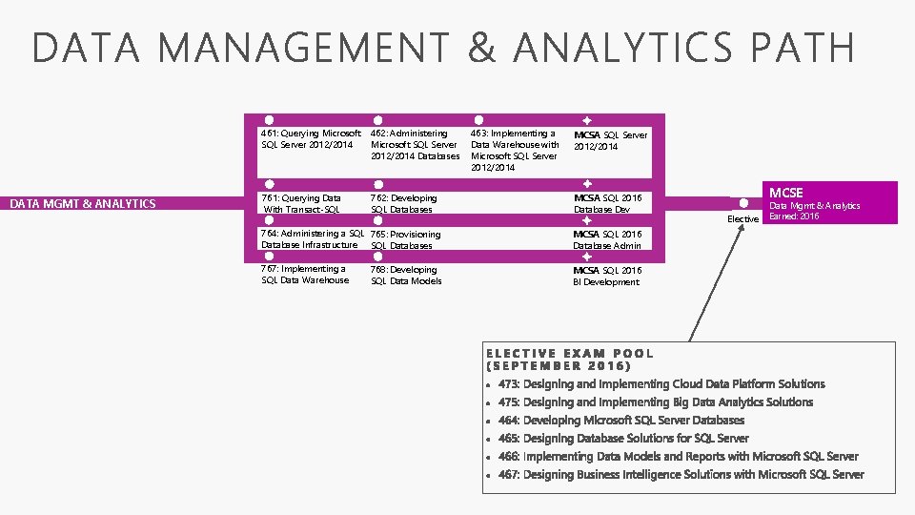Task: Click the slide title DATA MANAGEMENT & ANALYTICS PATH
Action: pyautogui.click(x=443, y=48)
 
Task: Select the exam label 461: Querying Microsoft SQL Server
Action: pyautogui.click(x=311, y=139)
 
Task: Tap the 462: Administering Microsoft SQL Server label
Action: pyautogui.click(x=415, y=145)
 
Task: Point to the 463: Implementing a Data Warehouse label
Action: pyautogui.click(x=515, y=151)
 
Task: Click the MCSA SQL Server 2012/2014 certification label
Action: pyautogui.click(x=610, y=140)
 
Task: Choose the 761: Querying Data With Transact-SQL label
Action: pyautogui.click(x=302, y=204)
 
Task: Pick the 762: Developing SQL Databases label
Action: pyautogui.click(x=404, y=204)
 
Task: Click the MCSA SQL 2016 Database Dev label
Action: pyautogui.click(x=607, y=204)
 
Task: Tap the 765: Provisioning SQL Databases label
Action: pyautogui.click(x=406, y=239)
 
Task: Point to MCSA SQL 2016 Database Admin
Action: pyautogui.click(x=607, y=239)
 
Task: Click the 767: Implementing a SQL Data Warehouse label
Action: pyautogui.click(x=305, y=275)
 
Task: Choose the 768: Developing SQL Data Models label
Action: pyautogui.click(x=406, y=275)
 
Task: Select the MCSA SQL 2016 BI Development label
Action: pyautogui.click(x=607, y=276)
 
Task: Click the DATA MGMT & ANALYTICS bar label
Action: pyautogui.click(x=82, y=203)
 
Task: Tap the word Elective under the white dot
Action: pyautogui.click(x=743, y=219)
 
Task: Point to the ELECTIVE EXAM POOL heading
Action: pyautogui.click(x=570, y=360)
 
